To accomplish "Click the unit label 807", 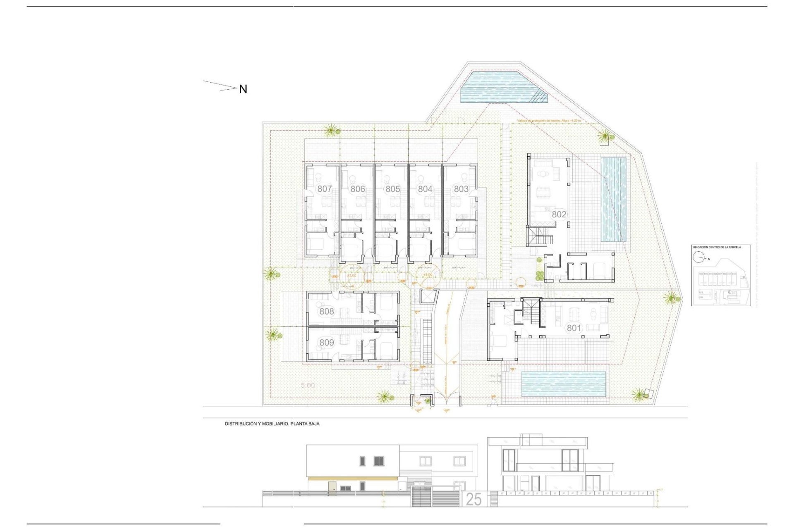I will click(325, 189).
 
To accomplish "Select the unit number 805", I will click(392, 189).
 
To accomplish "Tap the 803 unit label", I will click(461, 189).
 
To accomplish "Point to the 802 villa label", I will click(559, 214).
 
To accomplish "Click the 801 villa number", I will click(574, 328).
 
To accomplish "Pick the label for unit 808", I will click(326, 311).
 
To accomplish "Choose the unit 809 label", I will click(326, 343).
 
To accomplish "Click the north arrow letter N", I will click(243, 89).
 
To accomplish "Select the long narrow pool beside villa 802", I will click(613, 200).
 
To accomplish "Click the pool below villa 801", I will click(564, 384).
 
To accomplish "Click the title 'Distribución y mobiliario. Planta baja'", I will click(272, 424).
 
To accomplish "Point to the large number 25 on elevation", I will click(474, 499).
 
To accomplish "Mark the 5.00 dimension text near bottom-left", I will click(308, 385).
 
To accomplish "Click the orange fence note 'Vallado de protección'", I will click(549, 121).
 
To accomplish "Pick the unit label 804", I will click(425, 189).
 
